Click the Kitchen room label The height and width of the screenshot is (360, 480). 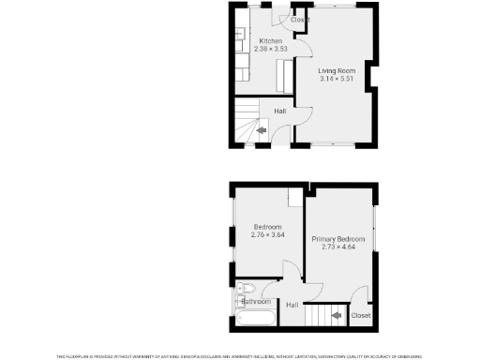click(x=271, y=41)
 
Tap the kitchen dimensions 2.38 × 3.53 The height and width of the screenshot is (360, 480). click(x=271, y=49)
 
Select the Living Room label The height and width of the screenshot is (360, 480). click(x=336, y=71)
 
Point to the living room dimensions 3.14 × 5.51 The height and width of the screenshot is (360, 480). click(x=336, y=79)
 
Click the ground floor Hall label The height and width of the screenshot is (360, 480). click(x=280, y=112)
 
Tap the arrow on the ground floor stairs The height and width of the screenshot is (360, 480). click(x=262, y=131)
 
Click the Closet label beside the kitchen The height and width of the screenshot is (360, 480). click(x=300, y=20)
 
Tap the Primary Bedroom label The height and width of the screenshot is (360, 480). click(x=337, y=240)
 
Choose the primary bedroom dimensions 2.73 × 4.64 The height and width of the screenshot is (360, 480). click(x=337, y=247)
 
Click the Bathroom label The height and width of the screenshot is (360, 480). click(x=256, y=302)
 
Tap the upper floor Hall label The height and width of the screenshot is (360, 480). click(x=292, y=305)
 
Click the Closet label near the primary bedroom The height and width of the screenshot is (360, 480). click(x=361, y=316)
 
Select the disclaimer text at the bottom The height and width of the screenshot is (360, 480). click(x=240, y=355)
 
